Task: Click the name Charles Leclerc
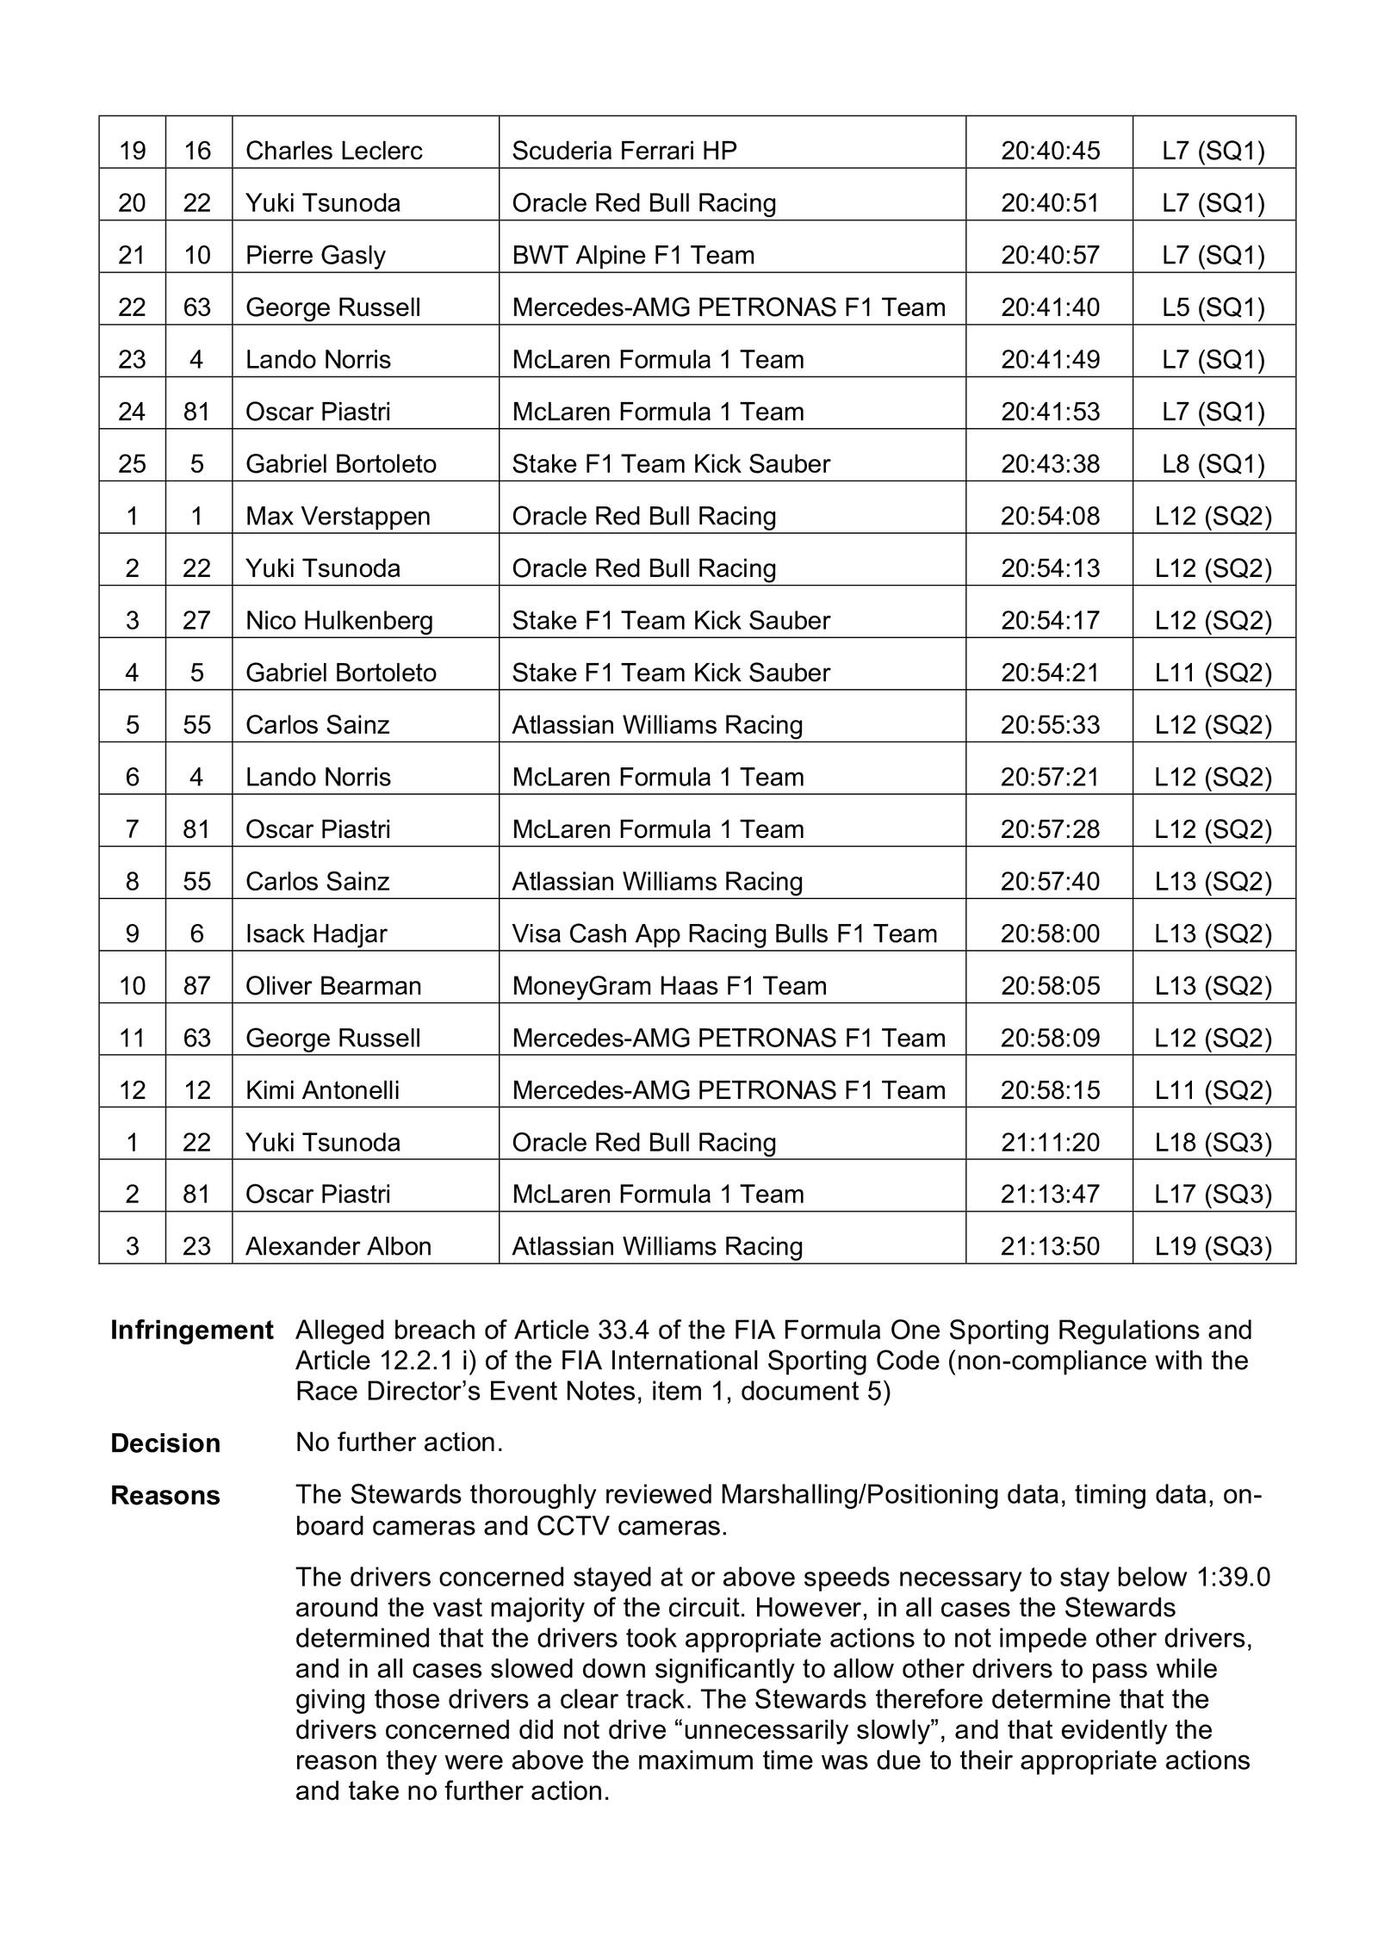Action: (x=333, y=151)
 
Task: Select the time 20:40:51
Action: (x=1050, y=203)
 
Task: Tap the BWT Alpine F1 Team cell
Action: (x=633, y=255)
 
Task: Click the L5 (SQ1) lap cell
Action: (x=1213, y=307)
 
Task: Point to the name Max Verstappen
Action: (x=338, y=516)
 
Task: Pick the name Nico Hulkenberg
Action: (x=338, y=620)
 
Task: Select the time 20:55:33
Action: (x=1050, y=725)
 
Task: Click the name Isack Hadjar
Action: (x=316, y=934)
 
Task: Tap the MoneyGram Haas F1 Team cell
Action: (x=669, y=985)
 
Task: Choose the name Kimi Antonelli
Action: (x=322, y=1090)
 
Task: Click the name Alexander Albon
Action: (x=338, y=1246)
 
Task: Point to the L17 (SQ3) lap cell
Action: (x=1213, y=1194)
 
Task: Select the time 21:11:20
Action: (x=1050, y=1142)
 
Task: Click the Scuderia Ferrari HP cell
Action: (x=624, y=151)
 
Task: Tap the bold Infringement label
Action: (x=191, y=1331)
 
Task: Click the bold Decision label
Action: (x=165, y=1444)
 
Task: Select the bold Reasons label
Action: (x=165, y=1496)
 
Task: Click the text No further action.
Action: (x=399, y=1442)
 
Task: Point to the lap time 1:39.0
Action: (x=1233, y=1577)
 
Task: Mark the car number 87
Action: (x=197, y=985)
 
